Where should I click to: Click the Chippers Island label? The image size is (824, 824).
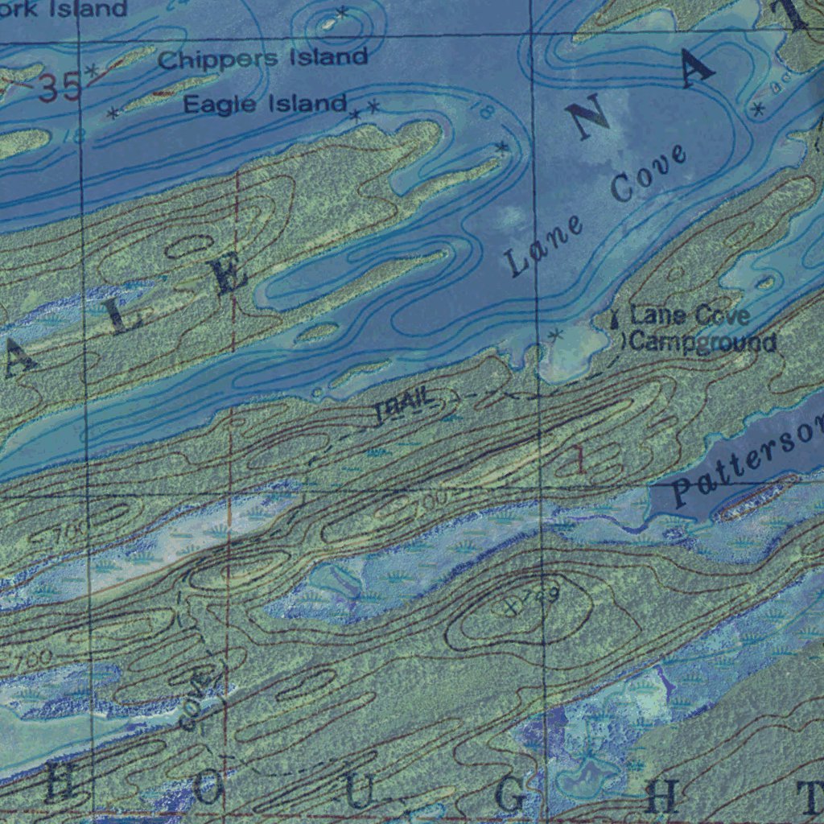(263, 58)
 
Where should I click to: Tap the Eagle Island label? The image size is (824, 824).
(265, 104)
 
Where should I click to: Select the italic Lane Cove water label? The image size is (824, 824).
(596, 211)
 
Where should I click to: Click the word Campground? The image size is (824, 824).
(703, 343)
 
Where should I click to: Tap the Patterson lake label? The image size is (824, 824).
(745, 463)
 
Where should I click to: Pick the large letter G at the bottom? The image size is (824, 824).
(509, 797)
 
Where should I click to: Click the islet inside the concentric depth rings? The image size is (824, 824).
(330, 24)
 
